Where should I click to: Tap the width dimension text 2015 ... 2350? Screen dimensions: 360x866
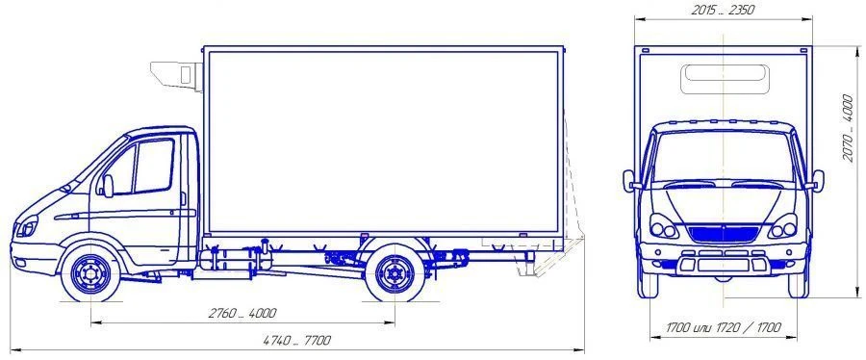(723, 11)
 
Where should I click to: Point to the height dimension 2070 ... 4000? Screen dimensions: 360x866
(847, 128)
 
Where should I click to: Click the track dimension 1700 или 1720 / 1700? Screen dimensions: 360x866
(723, 329)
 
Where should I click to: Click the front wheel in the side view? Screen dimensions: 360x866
(91, 273)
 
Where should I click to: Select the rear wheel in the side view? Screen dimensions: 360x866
(394, 273)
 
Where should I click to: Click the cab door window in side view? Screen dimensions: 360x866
(153, 166)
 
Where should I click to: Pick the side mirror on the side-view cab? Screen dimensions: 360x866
(107, 185)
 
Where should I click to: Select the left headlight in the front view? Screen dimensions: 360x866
(663, 229)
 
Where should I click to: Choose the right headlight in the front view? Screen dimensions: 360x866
(782, 229)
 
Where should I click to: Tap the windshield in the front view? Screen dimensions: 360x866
(723, 155)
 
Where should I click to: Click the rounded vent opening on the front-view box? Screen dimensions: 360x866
(723, 79)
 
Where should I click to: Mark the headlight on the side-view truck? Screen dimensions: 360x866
(28, 229)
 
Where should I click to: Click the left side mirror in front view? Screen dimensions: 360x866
(628, 180)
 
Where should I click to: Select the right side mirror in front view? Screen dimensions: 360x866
(817, 180)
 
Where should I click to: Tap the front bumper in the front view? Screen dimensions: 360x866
(723, 265)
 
